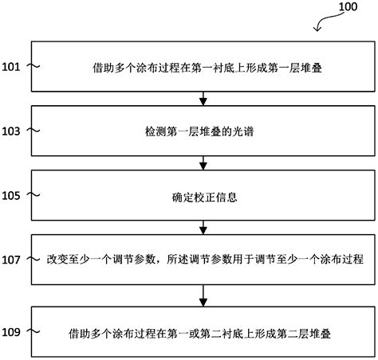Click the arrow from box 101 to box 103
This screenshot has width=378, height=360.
coord(204,97)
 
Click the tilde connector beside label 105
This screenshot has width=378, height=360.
coord(35,194)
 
